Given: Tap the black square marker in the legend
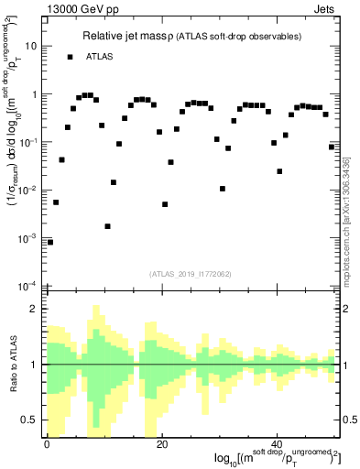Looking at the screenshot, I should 70,57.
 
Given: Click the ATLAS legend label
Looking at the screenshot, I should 101,57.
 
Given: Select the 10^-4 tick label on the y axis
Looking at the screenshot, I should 29,287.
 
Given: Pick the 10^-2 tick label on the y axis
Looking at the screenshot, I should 29,191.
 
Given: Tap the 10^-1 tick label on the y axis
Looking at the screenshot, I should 29,143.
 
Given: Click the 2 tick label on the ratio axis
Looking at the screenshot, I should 35,309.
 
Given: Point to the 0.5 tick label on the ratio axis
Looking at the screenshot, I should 31,420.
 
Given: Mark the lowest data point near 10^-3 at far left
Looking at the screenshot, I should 50,242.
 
